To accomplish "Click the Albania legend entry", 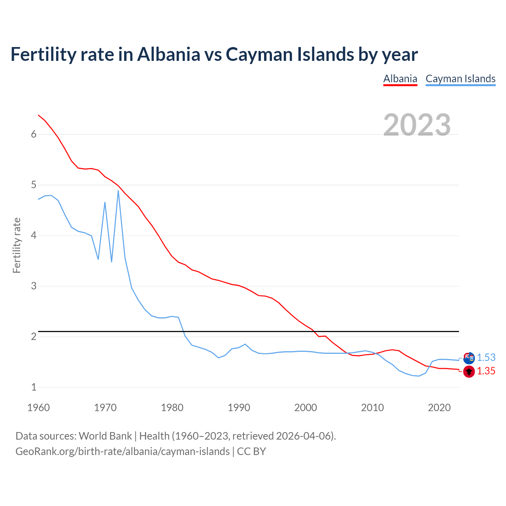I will click(x=400, y=79).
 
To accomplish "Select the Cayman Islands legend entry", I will click(x=460, y=79).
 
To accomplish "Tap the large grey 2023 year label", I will click(x=417, y=125).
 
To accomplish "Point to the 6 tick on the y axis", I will click(x=34, y=134).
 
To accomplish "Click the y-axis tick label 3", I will click(x=34, y=286).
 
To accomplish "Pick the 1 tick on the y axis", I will click(x=34, y=387).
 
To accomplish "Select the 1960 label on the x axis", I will click(x=38, y=408).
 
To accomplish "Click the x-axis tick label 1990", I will click(x=239, y=408).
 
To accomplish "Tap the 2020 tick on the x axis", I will click(x=439, y=408).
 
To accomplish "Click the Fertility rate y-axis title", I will click(x=17, y=245).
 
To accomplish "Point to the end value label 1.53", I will click(x=486, y=357).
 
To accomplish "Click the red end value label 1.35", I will click(x=486, y=371).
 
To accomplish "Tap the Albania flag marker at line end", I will click(x=469, y=372).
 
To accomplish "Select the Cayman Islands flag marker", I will click(x=469, y=358).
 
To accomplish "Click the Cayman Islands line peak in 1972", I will click(x=118, y=191).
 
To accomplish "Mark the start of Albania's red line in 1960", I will click(x=38, y=115).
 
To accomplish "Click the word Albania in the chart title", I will click(x=169, y=55).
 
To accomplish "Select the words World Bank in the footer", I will click(x=105, y=436).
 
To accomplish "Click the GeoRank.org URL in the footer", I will click(x=123, y=451).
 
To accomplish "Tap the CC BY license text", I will click(x=251, y=451).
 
